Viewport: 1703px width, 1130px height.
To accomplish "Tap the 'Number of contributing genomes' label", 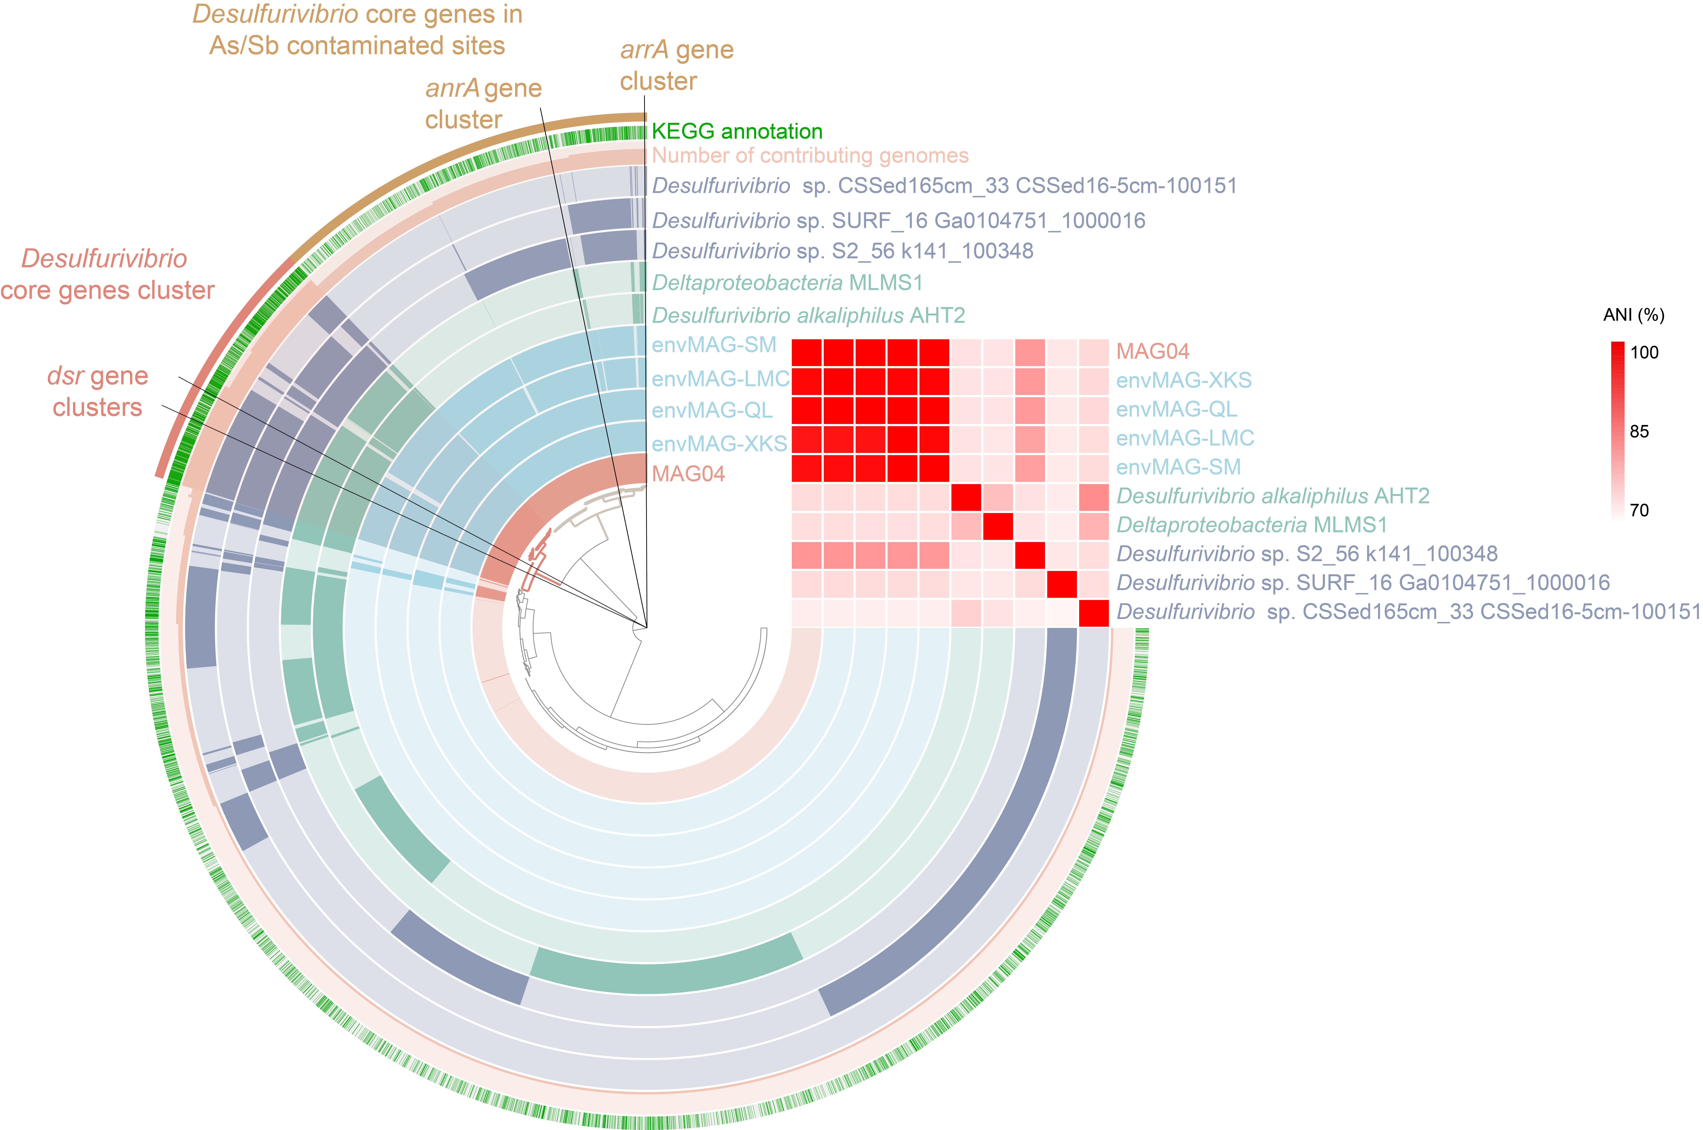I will click(x=810, y=156).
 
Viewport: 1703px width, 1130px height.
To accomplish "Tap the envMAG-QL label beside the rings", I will click(x=712, y=410).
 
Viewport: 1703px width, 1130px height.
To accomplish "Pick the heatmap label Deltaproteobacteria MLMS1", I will click(x=1251, y=525).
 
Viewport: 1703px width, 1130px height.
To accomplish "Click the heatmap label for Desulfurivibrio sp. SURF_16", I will click(x=1362, y=582).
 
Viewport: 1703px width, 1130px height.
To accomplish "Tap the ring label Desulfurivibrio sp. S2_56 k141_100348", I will click(x=842, y=251).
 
